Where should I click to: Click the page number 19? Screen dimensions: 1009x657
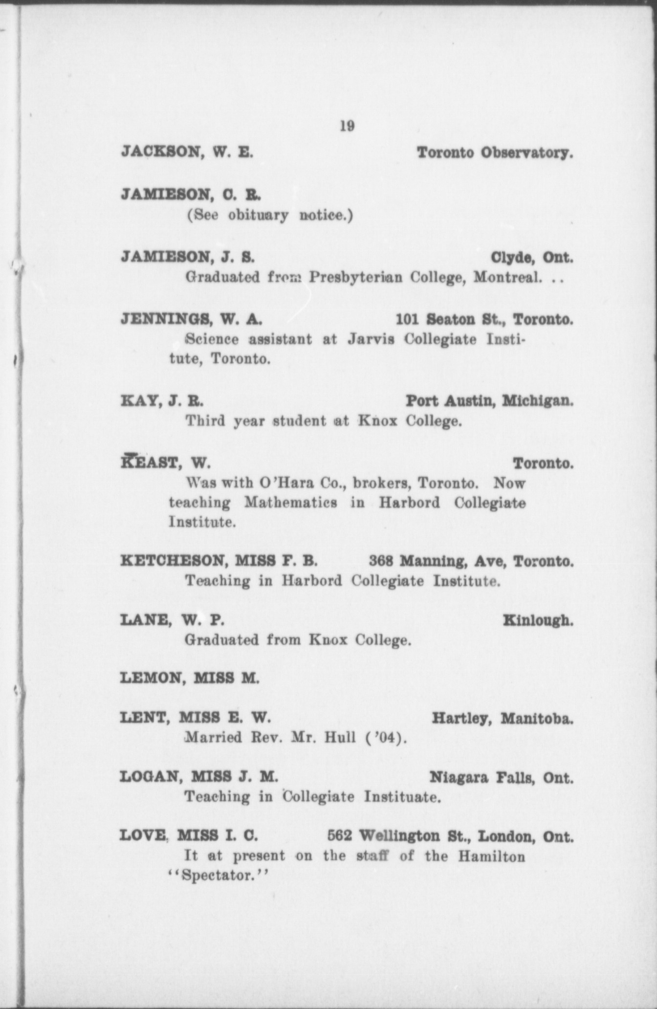click(347, 126)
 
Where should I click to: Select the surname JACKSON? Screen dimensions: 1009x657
click(159, 153)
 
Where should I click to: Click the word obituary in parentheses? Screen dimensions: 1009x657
click(259, 216)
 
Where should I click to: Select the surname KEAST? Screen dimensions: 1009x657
click(149, 462)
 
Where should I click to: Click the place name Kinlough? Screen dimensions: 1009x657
click(538, 621)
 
